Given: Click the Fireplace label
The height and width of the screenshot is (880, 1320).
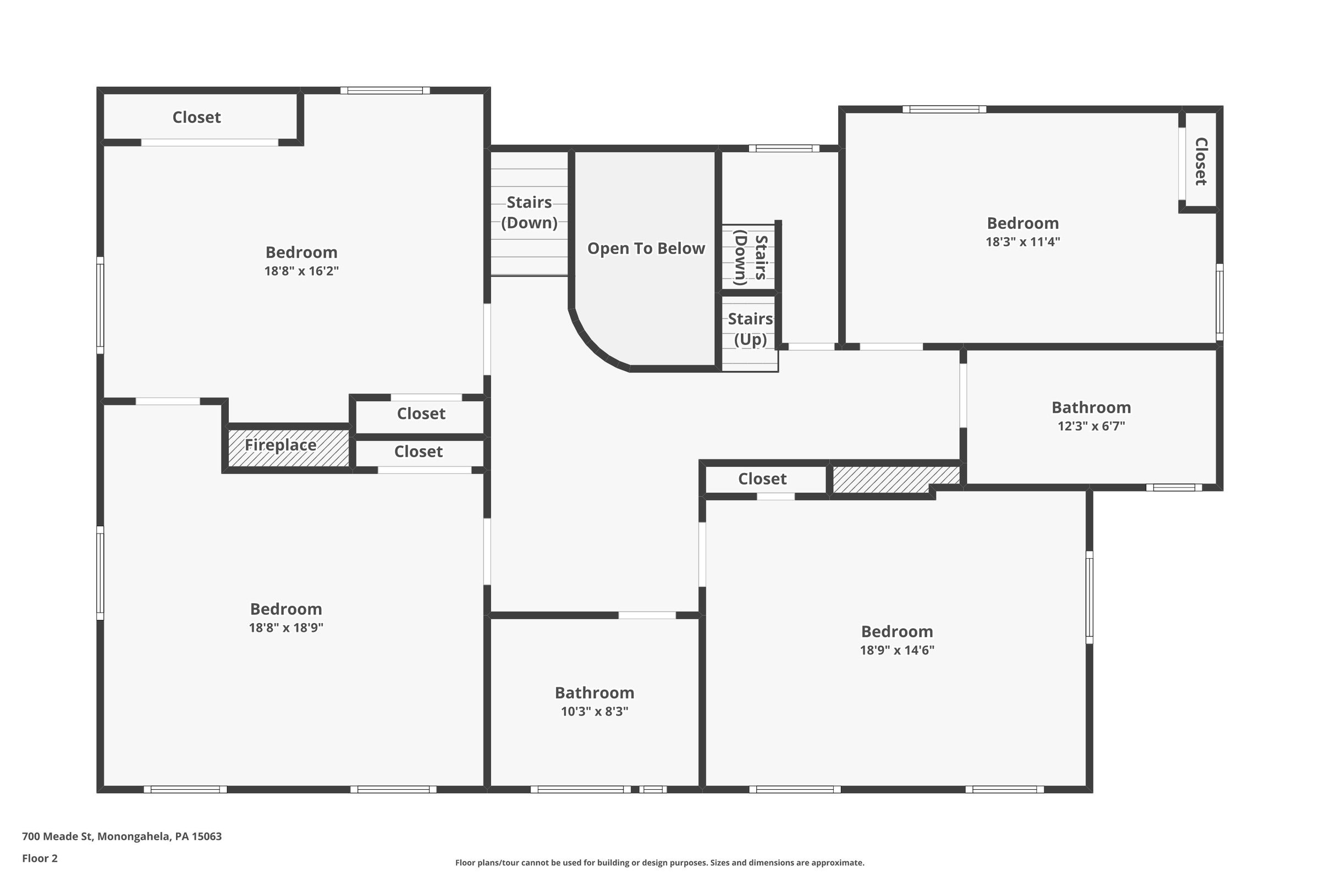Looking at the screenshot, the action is pyautogui.click(x=280, y=445).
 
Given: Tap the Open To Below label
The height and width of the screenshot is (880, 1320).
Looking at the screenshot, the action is pyautogui.click(x=646, y=249).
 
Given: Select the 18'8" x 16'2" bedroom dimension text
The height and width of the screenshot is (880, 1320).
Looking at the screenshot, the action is pyautogui.click(x=301, y=271).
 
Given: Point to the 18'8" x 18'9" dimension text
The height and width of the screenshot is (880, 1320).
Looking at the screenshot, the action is pyautogui.click(x=286, y=628).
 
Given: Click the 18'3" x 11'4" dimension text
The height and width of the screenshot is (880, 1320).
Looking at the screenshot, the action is pyautogui.click(x=1022, y=242).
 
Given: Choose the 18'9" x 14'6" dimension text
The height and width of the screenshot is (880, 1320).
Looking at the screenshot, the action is pyautogui.click(x=897, y=650).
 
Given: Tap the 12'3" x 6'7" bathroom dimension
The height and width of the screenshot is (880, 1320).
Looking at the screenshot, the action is pyautogui.click(x=1091, y=426).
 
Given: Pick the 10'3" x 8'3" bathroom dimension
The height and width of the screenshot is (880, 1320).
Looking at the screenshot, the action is pyautogui.click(x=595, y=711).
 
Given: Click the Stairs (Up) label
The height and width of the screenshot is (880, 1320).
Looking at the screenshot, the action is pyautogui.click(x=750, y=329).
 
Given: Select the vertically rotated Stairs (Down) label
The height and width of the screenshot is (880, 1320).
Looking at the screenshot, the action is pyautogui.click(x=750, y=257).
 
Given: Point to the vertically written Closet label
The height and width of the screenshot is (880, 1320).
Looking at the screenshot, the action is pyautogui.click(x=1200, y=161).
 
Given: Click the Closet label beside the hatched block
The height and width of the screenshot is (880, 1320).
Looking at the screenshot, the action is pyautogui.click(x=762, y=479).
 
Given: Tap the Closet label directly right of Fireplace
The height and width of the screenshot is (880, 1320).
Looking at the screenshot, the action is pyautogui.click(x=418, y=451).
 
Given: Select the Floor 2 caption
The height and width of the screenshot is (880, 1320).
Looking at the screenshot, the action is pyautogui.click(x=40, y=858).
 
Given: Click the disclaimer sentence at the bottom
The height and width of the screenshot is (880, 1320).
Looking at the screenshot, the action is pyautogui.click(x=659, y=862).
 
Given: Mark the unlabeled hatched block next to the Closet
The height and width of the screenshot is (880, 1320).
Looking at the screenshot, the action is pyautogui.click(x=896, y=479).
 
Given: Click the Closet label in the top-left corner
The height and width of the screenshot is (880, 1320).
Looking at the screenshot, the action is pyautogui.click(x=196, y=117).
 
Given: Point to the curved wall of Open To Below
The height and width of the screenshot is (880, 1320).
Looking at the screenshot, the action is pyautogui.click(x=593, y=346).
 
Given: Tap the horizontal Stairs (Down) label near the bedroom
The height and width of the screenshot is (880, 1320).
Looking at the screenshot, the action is pyautogui.click(x=529, y=212).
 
